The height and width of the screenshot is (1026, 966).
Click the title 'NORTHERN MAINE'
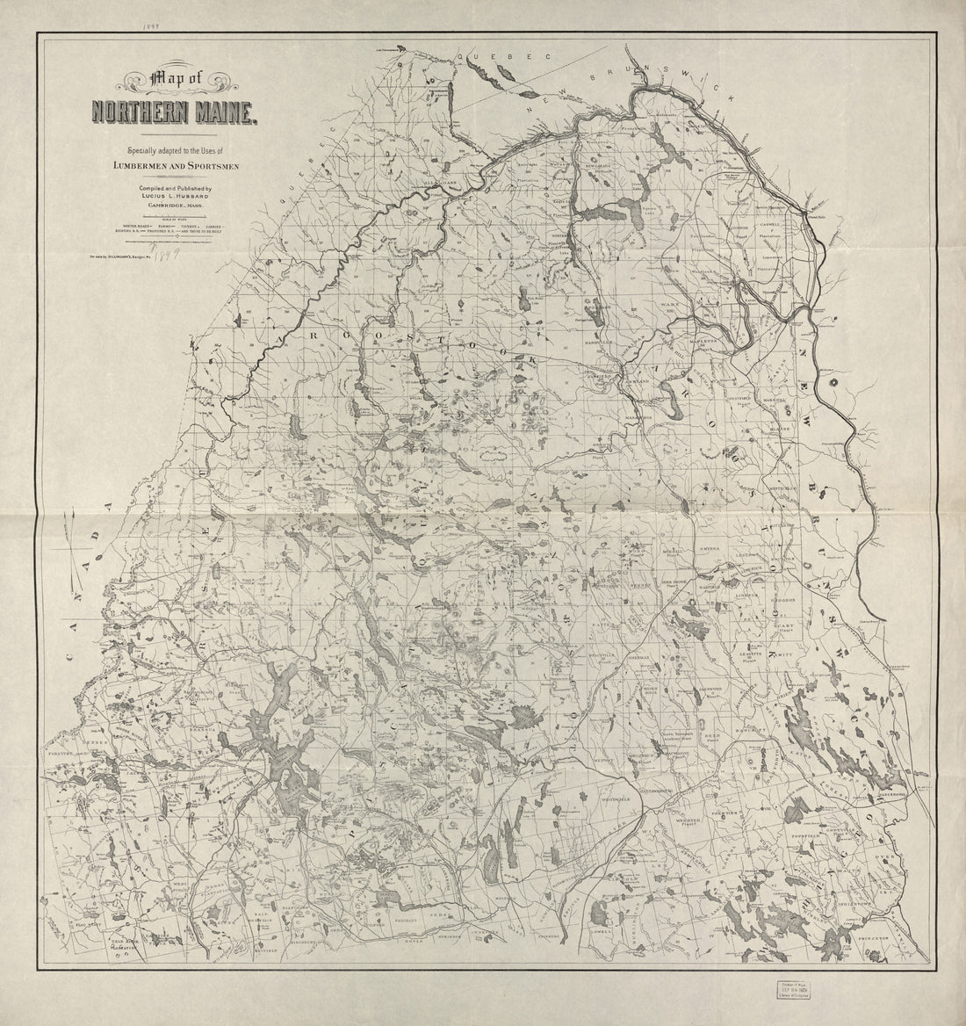(x=174, y=113)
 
